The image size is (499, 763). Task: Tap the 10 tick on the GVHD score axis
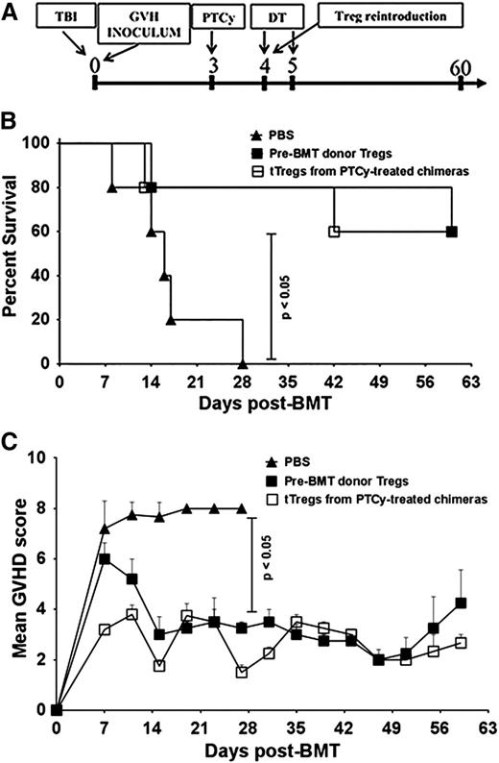(40, 457)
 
